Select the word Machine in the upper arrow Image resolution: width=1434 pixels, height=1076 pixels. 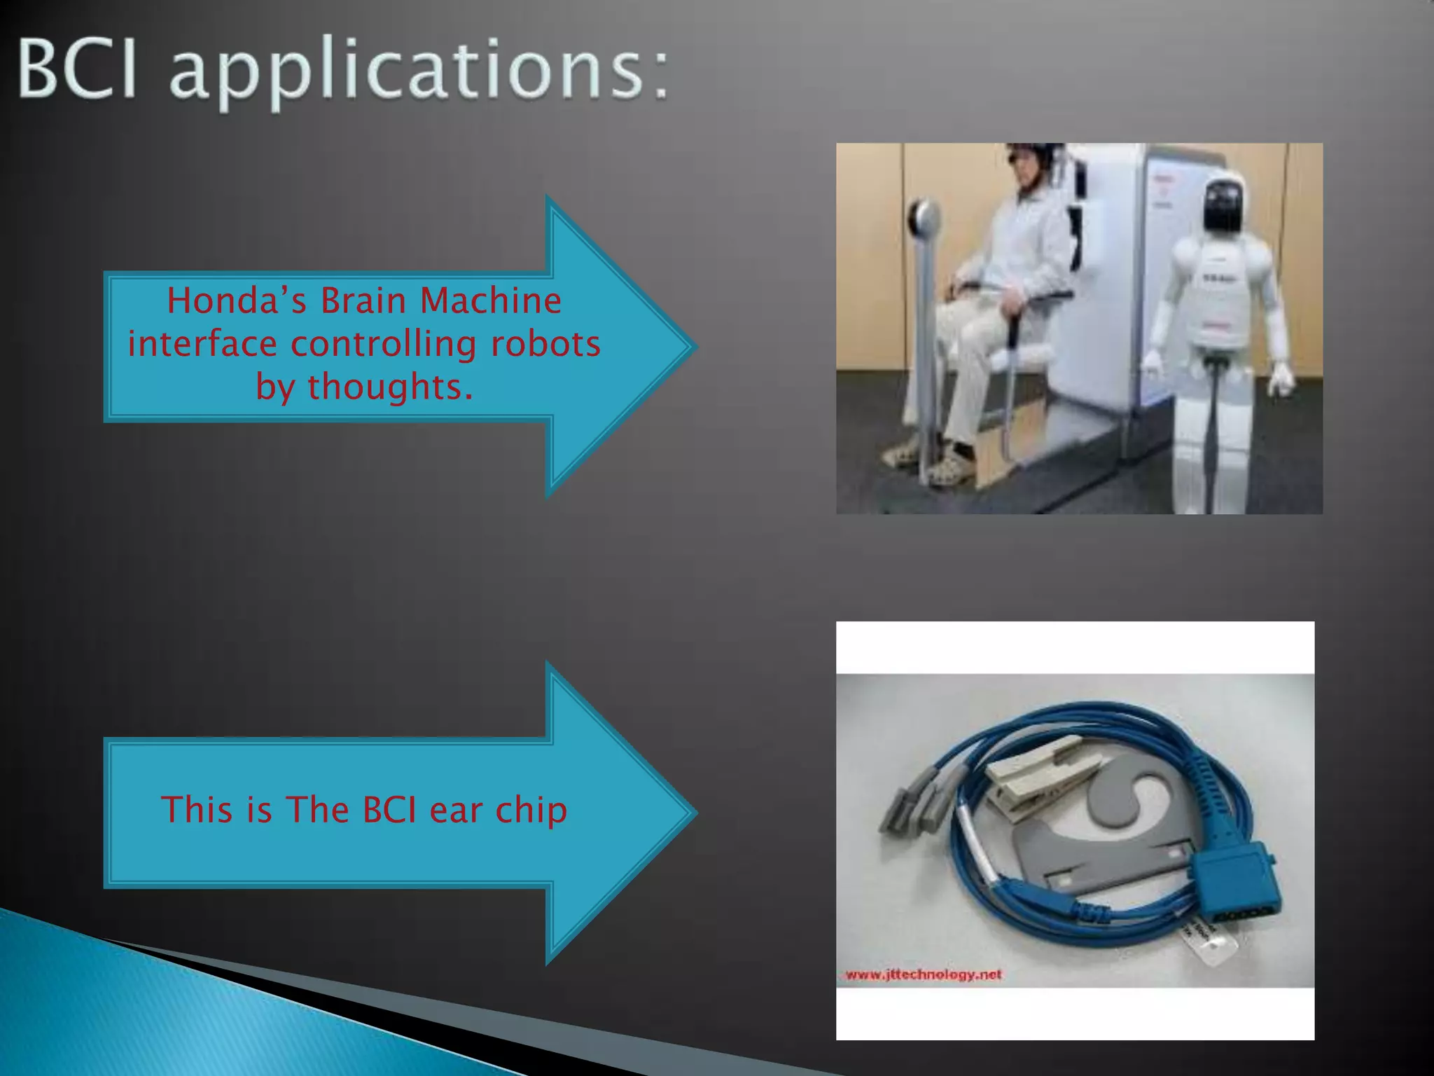(x=490, y=301)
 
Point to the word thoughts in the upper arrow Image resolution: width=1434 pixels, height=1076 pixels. (x=390, y=387)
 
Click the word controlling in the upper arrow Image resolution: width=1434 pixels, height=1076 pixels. (x=383, y=344)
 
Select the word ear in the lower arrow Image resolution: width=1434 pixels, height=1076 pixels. (x=456, y=811)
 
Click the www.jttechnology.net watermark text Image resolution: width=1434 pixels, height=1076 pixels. (x=924, y=974)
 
